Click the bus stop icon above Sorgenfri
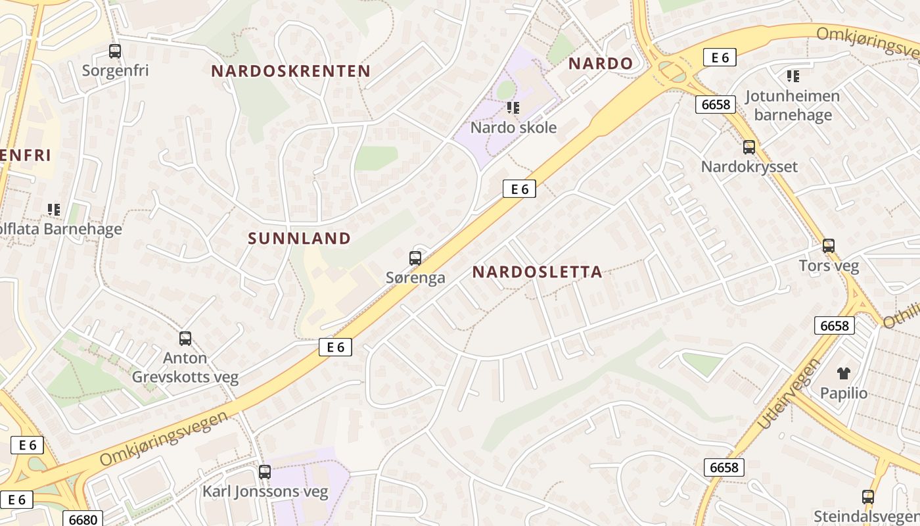pos(115,51)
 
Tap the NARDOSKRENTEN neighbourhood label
pos(290,71)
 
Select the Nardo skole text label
pos(513,128)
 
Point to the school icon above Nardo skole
pos(513,107)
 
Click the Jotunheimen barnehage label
pos(793,105)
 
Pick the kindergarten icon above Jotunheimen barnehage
pos(793,76)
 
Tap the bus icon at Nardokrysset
pos(749,147)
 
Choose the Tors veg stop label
pos(829,266)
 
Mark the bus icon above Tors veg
pos(829,246)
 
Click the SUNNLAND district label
pos(300,239)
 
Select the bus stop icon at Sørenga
pos(415,258)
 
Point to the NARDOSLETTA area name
pos(537,272)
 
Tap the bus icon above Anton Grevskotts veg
pos(185,339)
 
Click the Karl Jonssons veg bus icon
pos(265,471)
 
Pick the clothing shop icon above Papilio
pos(844,373)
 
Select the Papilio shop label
pos(844,393)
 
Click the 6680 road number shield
pos(83,519)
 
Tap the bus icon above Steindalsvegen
pos(868,496)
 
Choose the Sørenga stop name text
pos(415,277)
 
